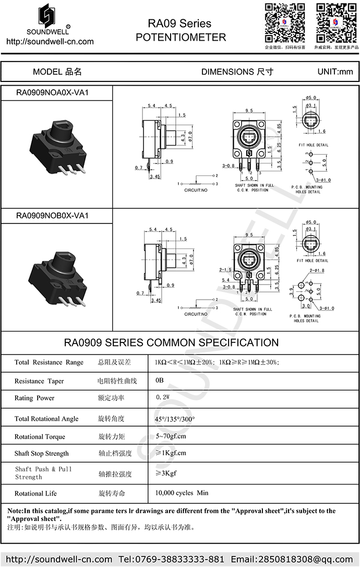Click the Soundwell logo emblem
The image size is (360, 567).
pyautogui.click(x=50, y=15)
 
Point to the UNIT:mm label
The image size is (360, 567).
pyautogui.click(x=335, y=72)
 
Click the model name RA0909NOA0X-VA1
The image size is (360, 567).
pyautogui.click(x=52, y=92)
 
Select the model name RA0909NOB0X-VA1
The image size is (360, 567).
pyautogui.click(x=52, y=215)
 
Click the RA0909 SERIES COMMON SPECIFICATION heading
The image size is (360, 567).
pyautogui.click(x=171, y=342)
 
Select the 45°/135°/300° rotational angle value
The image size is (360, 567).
pyautogui.click(x=175, y=419)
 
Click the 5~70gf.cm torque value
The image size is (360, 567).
pyautogui.click(x=171, y=436)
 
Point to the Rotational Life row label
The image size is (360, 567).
pyautogui.click(x=35, y=493)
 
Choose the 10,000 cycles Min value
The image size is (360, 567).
pyautogui.click(x=182, y=493)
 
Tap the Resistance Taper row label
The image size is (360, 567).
pyautogui.click(x=39, y=381)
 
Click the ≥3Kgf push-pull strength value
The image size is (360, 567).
pyautogui.click(x=166, y=474)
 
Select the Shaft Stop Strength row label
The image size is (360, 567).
pyautogui.click(x=41, y=453)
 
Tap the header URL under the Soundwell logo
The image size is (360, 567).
pyautogui.click(x=50, y=42)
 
